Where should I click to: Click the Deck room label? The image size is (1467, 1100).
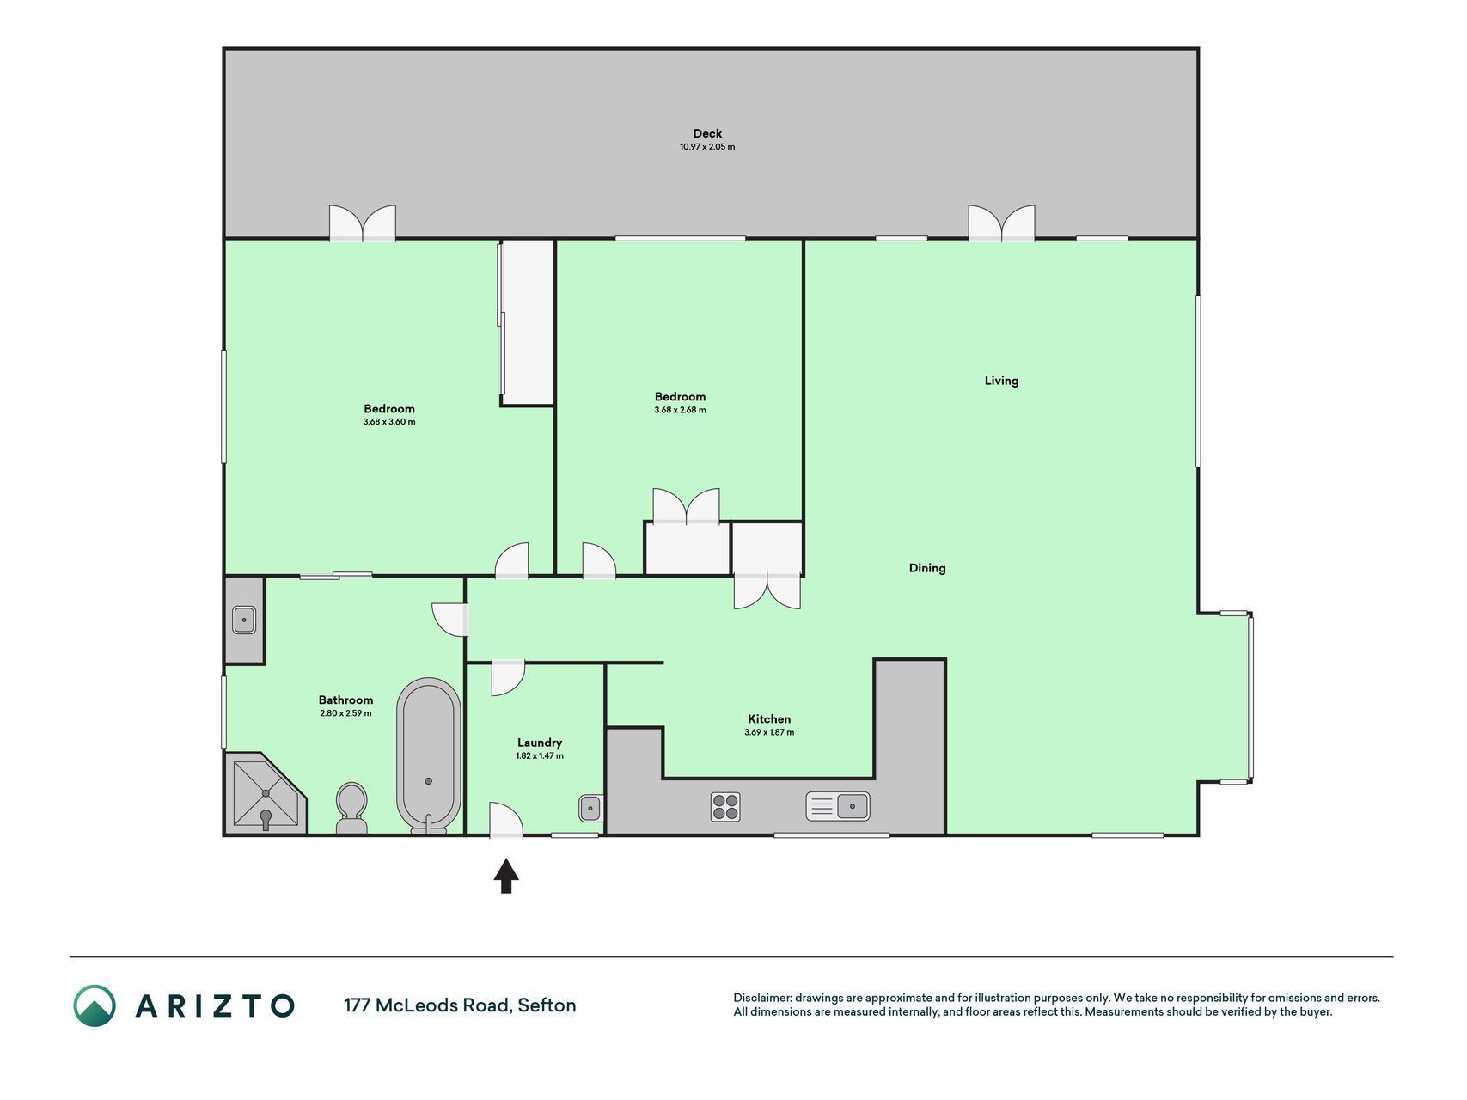coord(707,133)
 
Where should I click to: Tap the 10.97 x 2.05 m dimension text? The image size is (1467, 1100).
coord(707,147)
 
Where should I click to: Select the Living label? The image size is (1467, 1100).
coord(1001,381)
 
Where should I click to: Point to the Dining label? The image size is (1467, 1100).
coord(927,568)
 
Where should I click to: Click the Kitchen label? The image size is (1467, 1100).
coord(769,719)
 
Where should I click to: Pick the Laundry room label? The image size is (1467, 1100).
coord(540,742)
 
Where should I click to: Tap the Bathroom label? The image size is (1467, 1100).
coord(345,700)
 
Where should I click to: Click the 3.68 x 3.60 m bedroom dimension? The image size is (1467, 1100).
coord(389,422)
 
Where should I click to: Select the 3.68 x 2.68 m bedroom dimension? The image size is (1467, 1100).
coord(680,410)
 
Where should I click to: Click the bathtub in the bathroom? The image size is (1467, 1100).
coord(428,755)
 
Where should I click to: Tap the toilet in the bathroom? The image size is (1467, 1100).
coord(351,808)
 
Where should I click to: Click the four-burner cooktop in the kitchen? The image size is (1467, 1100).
coord(725,807)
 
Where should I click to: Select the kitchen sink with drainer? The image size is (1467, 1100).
coord(838,806)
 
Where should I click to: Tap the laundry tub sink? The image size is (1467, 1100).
coord(590,808)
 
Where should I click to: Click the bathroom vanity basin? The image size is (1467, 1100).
coord(244,620)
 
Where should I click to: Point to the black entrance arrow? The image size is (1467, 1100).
coord(506,876)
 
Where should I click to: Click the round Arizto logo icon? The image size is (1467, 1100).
coord(95,1005)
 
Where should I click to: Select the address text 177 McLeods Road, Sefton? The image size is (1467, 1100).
coord(460,1005)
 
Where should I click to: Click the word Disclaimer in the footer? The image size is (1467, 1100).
coord(761,998)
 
